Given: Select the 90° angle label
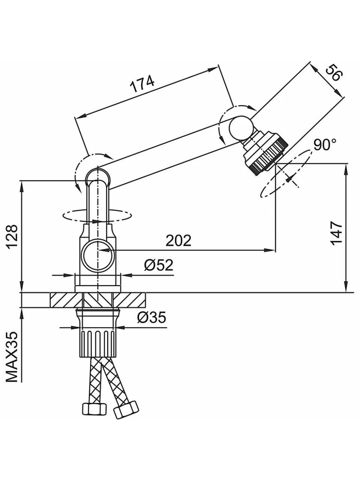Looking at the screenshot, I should pyautogui.click(x=325, y=145).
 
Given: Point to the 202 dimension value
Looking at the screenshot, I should pyautogui.click(x=178, y=240).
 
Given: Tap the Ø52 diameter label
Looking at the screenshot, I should pyautogui.click(x=159, y=265).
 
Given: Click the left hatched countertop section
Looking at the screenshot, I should pyautogui.click(x=66, y=300).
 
